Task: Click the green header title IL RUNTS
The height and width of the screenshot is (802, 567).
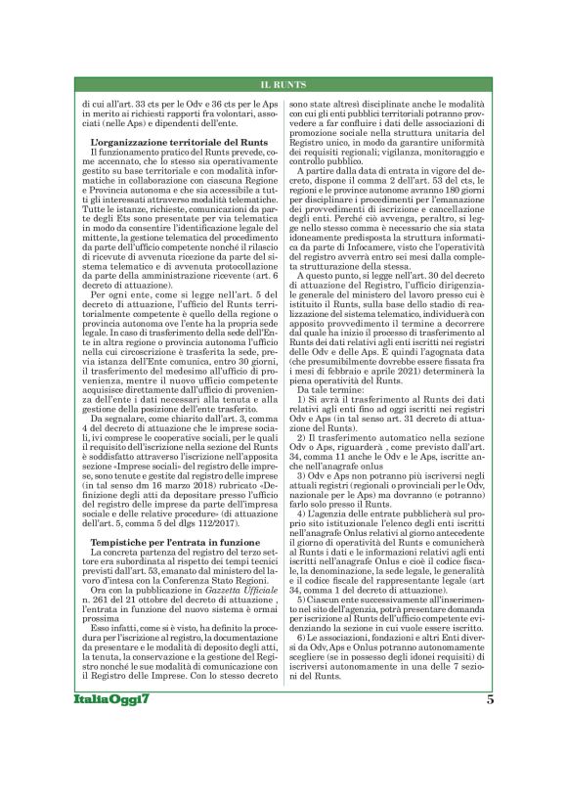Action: tap(283, 85)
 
